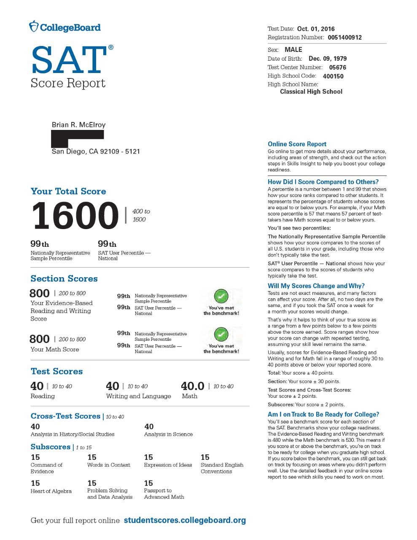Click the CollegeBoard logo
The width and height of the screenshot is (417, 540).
65,27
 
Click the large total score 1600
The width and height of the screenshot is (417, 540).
75,216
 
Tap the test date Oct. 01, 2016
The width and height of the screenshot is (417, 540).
316,29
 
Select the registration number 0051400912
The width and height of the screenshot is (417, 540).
344,37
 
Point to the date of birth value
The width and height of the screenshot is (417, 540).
328,59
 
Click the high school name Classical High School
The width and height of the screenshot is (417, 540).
311,92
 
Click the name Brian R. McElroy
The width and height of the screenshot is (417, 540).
78,125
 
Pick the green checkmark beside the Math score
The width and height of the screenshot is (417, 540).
221,335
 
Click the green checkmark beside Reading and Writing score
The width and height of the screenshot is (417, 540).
221,296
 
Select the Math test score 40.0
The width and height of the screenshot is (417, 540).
192,386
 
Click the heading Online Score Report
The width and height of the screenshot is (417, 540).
297,144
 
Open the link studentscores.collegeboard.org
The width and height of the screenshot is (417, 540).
185,520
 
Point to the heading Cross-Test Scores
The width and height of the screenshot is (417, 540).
65,416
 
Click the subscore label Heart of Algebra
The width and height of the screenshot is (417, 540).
51,491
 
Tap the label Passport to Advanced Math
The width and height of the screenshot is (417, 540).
164,494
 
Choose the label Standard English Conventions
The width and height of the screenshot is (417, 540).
222,468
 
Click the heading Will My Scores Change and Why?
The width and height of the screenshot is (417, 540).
316,286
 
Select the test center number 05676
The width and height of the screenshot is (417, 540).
337,67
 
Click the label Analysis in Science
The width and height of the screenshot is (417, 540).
168,434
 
